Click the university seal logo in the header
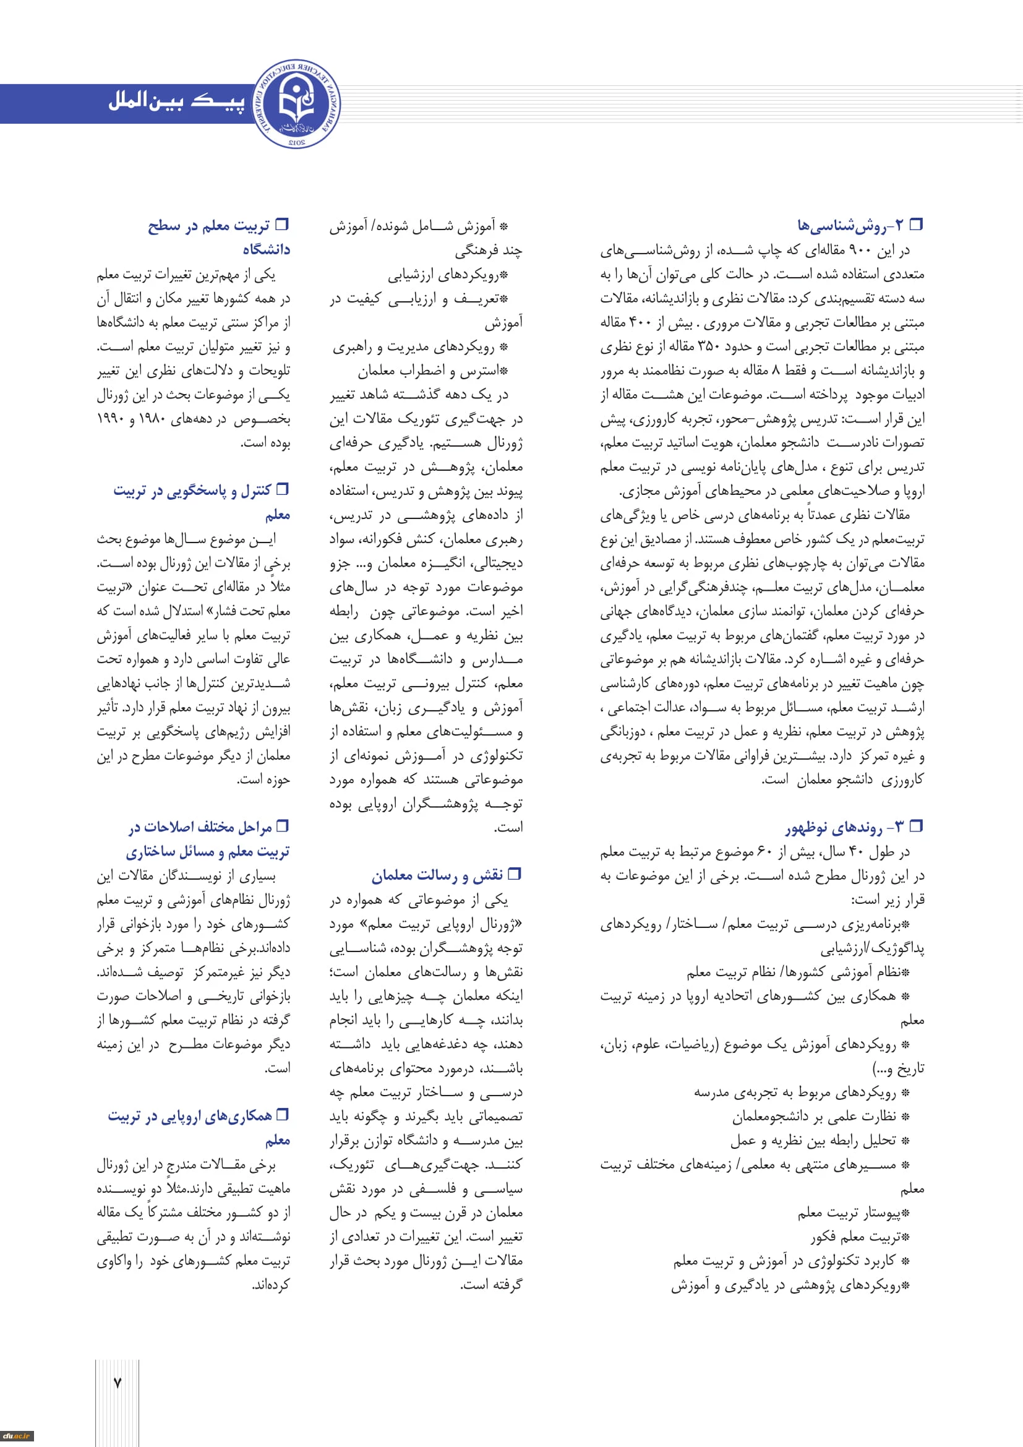point(297,104)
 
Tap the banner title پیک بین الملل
point(176,102)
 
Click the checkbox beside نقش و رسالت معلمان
point(515,874)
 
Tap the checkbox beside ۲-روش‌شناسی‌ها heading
point(917,224)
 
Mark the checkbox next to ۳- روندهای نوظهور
point(917,826)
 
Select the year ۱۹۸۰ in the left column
point(152,419)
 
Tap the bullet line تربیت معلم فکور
point(860,1237)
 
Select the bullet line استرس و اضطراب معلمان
point(433,371)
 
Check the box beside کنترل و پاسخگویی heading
point(283,489)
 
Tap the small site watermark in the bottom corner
point(16,1436)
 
